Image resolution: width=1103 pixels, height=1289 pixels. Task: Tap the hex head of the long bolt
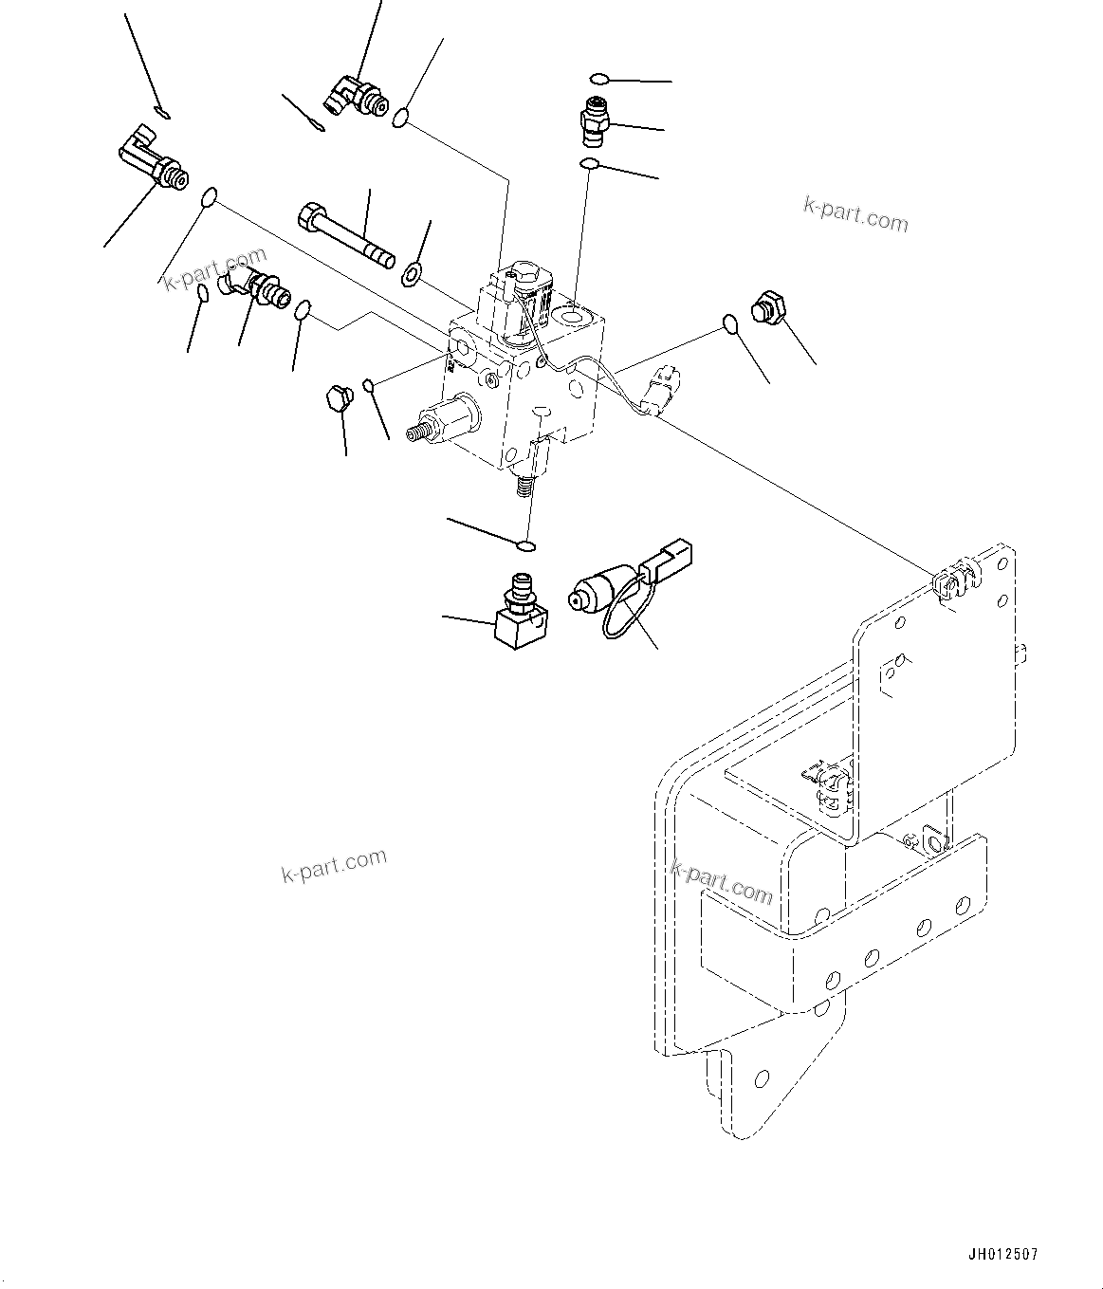[x=311, y=217]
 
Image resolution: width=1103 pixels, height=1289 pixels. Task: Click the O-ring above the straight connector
[x=597, y=78]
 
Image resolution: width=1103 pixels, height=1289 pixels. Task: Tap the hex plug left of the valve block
[x=336, y=398]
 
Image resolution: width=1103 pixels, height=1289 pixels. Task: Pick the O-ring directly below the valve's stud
[x=525, y=545]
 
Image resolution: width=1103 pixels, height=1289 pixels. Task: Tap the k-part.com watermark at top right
[x=855, y=214]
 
